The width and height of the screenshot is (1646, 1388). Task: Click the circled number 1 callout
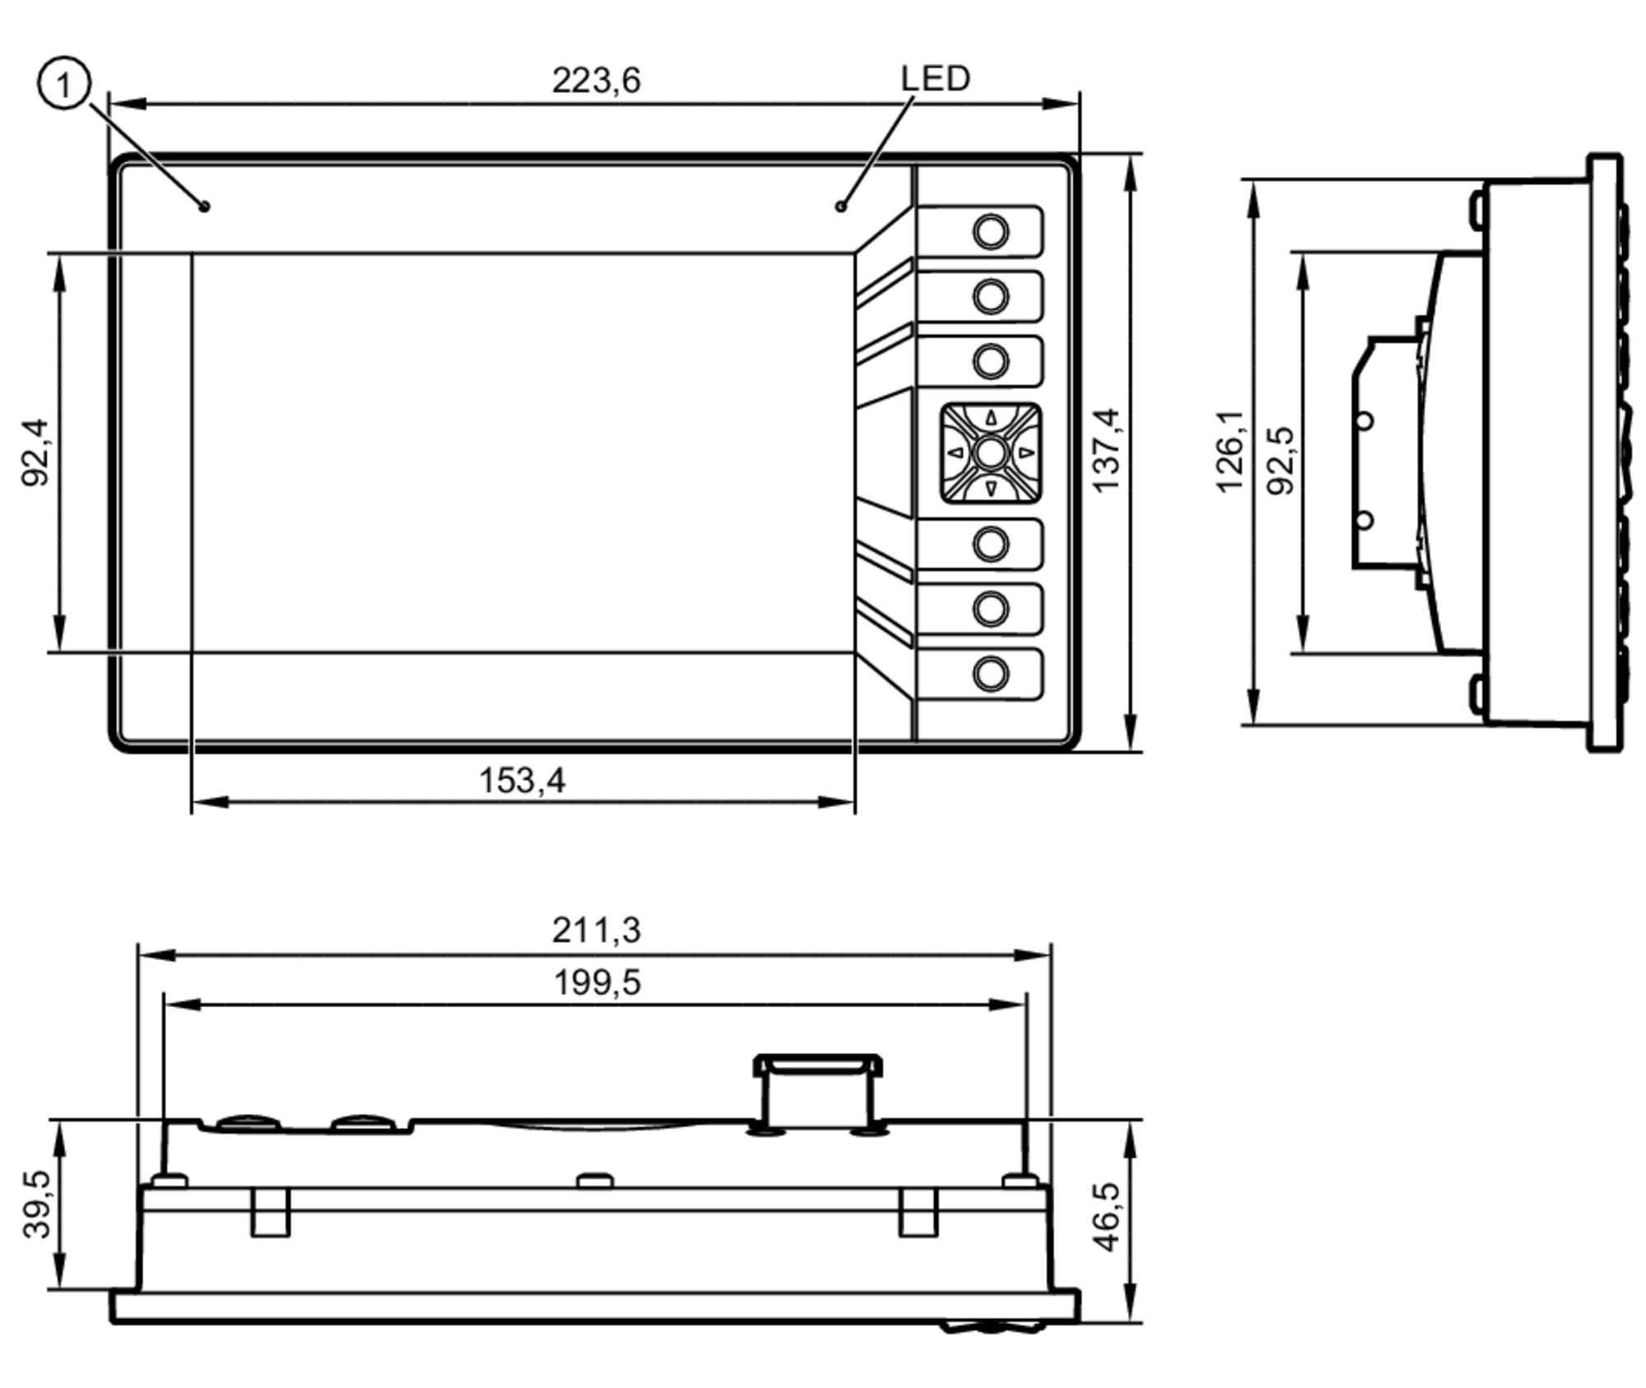pos(63,83)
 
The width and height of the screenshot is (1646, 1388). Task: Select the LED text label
pos(935,79)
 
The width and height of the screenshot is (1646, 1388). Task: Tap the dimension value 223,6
pos(595,81)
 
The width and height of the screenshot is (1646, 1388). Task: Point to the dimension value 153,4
pos(522,780)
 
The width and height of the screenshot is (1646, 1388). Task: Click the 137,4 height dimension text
pos(1107,450)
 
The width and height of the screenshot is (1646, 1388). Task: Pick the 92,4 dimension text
pos(35,453)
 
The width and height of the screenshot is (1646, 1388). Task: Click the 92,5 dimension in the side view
pos(1281,461)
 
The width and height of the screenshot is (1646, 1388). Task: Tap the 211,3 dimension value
pos(595,931)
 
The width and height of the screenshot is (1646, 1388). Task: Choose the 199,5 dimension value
pos(596,982)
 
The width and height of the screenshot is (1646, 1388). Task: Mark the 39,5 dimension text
pos(37,1204)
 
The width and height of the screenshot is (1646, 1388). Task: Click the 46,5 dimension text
pos(1108,1217)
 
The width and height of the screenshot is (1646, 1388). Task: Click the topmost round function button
pos(990,231)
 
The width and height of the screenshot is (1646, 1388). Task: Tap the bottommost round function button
pos(990,674)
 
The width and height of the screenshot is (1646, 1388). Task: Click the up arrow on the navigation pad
pos(991,418)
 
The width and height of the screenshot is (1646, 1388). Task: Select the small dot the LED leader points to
pos(840,206)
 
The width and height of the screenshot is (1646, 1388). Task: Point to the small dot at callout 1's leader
pos(204,206)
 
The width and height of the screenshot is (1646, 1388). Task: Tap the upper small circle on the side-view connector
pos(1364,421)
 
